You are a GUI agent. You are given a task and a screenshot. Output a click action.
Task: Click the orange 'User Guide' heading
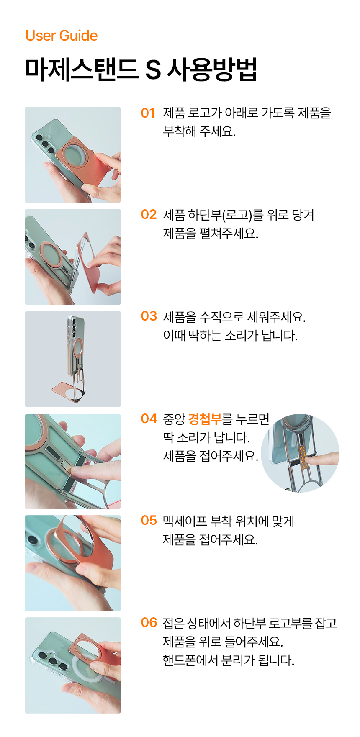(62, 36)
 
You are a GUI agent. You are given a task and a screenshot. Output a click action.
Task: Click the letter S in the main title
(153, 69)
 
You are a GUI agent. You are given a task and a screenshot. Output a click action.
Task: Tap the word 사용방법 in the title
(212, 69)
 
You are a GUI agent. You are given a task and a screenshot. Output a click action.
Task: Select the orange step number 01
(148, 113)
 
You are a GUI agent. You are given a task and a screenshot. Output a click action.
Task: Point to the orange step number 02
(149, 215)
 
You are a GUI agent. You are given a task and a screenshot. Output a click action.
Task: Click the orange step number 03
(149, 316)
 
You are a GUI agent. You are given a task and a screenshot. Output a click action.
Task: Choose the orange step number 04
(149, 419)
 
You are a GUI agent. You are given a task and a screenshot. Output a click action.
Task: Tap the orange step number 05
(149, 520)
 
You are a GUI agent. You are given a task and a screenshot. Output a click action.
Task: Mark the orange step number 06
(149, 622)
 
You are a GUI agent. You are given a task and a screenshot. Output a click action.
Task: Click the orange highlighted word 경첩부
(205, 419)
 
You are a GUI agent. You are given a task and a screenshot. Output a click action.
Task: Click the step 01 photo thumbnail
(73, 155)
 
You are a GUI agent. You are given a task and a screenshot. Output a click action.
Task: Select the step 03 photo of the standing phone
(73, 359)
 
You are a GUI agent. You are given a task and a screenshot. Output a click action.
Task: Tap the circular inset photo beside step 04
(300, 453)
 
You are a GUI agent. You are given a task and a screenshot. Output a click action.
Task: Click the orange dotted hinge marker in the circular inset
(303, 456)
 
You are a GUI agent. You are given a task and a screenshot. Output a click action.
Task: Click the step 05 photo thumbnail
(73, 563)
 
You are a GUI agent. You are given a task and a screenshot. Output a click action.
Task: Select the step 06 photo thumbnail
(73, 665)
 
